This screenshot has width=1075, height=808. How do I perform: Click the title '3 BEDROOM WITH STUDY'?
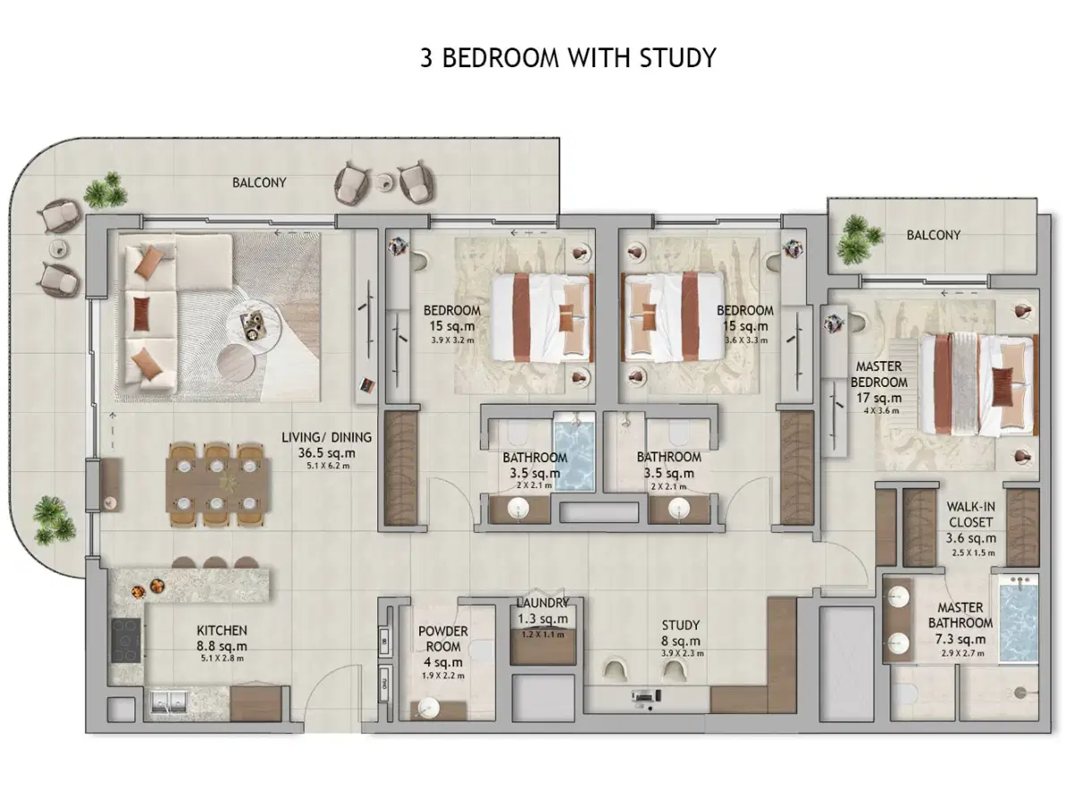click(568, 58)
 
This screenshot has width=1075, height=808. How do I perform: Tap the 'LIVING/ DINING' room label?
click(326, 437)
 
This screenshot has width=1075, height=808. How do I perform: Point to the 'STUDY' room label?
click(682, 625)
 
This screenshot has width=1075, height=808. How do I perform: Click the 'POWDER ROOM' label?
click(443, 639)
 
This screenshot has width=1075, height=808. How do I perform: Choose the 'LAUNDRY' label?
click(542, 603)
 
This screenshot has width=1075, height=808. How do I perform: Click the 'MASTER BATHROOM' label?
click(959, 615)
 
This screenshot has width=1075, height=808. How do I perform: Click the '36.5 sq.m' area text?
click(326, 453)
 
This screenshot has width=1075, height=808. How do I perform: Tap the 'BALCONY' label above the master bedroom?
click(933, 235)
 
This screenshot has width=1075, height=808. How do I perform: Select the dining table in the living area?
click(219, 484)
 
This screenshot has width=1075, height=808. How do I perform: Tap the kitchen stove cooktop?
click(125, 640)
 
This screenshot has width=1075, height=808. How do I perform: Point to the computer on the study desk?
click(642, 696)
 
